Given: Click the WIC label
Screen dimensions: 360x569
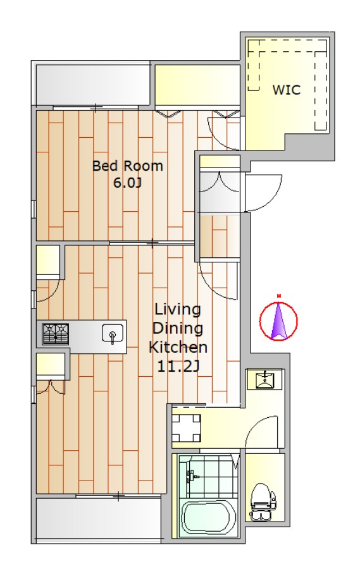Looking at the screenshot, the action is [286, 90].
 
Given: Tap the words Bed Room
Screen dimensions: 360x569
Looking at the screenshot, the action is [128, 166].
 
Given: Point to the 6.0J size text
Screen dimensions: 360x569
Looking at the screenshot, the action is [127, 183].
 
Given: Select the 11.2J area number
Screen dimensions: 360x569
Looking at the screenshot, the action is [178, 367].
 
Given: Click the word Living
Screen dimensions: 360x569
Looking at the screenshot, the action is [178, 310].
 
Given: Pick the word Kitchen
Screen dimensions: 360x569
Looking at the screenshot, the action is [178, 347].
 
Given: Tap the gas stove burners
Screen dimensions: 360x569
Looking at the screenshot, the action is [55, 334].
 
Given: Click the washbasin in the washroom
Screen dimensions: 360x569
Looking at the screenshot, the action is [266, 380].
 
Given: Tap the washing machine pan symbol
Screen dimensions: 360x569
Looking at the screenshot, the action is [186, 427].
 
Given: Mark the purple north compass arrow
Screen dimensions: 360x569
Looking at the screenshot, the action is [278, 320].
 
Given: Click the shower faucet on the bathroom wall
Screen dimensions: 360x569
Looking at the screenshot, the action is [190, 475].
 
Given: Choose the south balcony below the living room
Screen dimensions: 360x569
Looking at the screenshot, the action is [99, 520].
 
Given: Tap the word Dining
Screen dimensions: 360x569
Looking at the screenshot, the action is [178, 328].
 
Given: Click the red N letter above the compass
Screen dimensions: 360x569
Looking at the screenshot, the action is [278, 296].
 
